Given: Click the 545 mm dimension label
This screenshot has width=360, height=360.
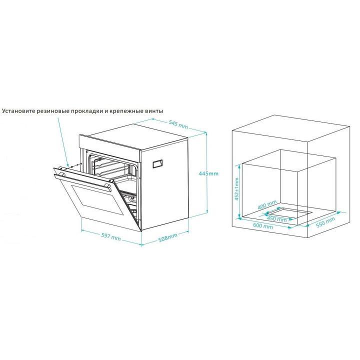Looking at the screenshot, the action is click(178, 124).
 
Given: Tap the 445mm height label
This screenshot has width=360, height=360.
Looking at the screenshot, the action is click(208, 173).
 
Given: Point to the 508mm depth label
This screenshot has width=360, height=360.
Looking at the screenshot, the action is click(168, 237).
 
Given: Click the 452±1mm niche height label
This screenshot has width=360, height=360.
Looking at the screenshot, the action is click(236, 189).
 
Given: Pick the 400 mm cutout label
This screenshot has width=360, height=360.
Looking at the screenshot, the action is click(267, 204).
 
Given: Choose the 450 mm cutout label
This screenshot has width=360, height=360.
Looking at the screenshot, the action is click(276, 219).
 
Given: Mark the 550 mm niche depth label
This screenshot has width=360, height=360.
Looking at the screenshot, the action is click(325, 222).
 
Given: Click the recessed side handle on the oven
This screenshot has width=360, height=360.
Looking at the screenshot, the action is click(157, 164).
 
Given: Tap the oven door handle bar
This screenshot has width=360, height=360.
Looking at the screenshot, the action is click(82, 183).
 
